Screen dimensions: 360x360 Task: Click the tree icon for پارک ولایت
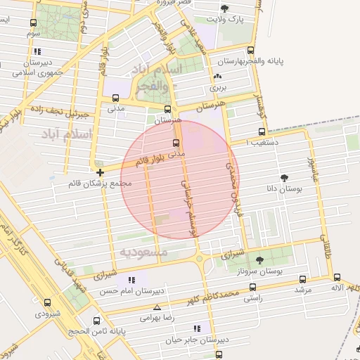[x=224, y=8]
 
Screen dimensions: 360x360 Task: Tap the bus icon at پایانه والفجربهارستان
[x=251, y=50]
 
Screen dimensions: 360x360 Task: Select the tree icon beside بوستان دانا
[x=284, y=179]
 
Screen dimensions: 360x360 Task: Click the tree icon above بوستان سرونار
[x=259, y=260]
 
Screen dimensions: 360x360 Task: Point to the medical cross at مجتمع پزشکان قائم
[x=101, y=172]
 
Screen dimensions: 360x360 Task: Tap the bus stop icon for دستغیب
[x=262, y=131]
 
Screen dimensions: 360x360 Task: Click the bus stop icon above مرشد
[x=302, y=279]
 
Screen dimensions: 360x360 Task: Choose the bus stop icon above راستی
[x=252, y=287]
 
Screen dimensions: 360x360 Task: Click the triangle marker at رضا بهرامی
[x=156, y=307]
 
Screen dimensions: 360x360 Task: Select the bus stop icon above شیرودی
[x=47, y=302]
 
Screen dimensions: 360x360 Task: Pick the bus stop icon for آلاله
[x=337, y=278]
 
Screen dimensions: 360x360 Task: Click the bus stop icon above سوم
[x=33, y=22]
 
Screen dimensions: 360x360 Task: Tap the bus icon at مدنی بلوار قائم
[x=176, y=142]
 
